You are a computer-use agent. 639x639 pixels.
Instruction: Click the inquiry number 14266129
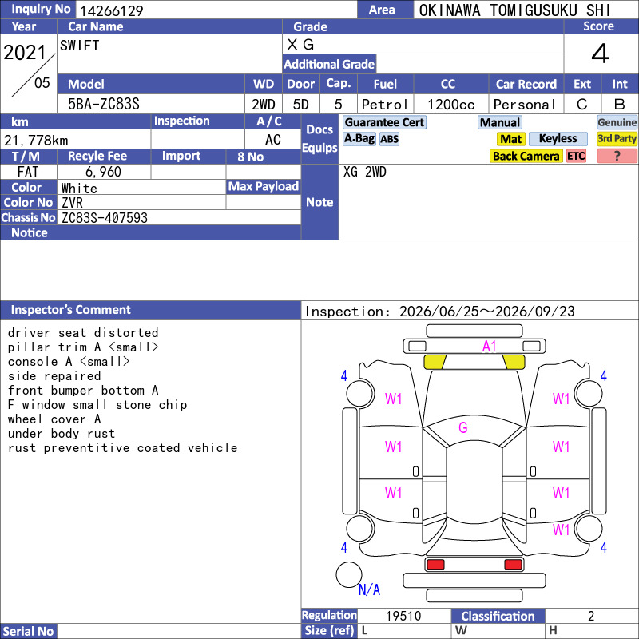pos(111,10)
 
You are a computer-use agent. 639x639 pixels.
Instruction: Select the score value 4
pos(601,54)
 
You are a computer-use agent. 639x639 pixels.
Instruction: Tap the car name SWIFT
pos(79,46)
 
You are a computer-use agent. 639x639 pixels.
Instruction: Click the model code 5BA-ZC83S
pos(104,105)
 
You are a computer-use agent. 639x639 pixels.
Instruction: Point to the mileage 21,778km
pos(36,141)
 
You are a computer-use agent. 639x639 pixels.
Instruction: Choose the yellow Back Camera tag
pos(526,156)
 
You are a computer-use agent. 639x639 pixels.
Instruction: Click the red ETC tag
pos(576,156)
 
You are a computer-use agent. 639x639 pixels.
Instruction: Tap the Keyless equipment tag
pos(558,138)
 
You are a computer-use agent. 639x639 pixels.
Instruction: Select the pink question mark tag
pos(617,156)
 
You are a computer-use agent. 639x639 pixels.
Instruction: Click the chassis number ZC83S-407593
pos(105,218)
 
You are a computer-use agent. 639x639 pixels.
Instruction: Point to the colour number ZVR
pos(72,203)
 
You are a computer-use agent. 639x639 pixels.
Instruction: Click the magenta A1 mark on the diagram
pos(489,347)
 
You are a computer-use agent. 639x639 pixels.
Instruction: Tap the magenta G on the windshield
pos(463,427)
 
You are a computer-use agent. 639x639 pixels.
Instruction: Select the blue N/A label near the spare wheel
pos(369,589)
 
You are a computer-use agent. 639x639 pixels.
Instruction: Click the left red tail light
pos(435,565)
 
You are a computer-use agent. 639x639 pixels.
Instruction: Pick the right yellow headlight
pos(514,362)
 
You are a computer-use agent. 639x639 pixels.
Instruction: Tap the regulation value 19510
pos(403,616)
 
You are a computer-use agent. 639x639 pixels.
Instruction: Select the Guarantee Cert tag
pos(384,122)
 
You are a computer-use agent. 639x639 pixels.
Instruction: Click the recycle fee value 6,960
pos(103,172)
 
